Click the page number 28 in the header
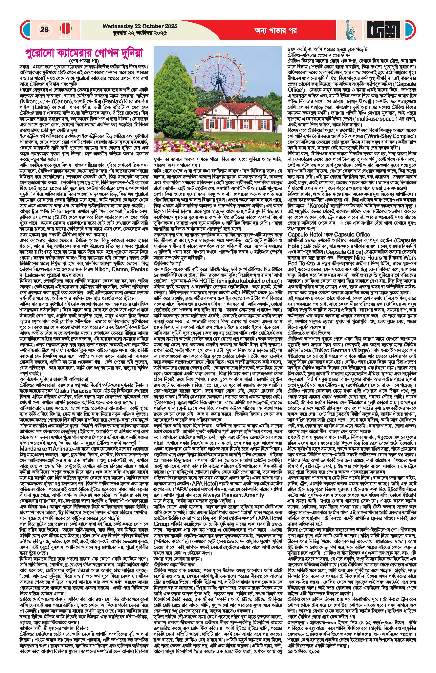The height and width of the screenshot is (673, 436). pos(44,29)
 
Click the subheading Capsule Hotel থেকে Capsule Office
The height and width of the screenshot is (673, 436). pos(329,234)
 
